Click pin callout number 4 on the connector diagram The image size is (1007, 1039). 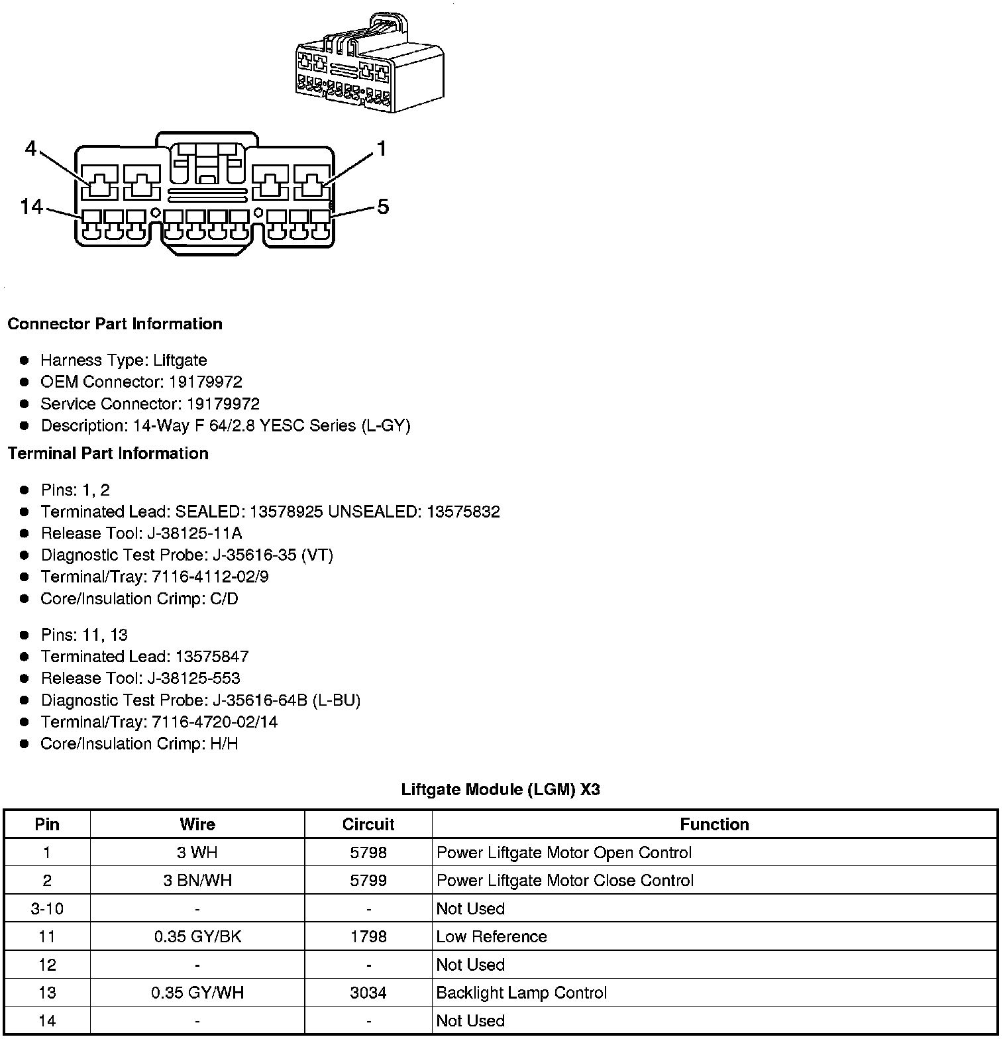coord(30,148)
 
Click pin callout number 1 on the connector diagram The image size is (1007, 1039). coord(381,148)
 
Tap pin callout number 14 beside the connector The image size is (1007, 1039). coord(31,207)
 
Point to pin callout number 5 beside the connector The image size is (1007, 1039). coord(383,207)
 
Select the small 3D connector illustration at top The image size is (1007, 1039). coord(369,63)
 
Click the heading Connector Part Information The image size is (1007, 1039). coord(115,324)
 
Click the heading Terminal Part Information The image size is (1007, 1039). coord(108,453)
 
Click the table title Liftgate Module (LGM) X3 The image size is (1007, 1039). coord(500,790)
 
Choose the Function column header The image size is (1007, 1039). coord(714,824)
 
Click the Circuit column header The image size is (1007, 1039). coord(368,824)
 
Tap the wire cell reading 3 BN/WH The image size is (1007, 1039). coord(197,881)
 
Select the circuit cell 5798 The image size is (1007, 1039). coord(368,853)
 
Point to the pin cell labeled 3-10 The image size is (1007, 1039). coord(47,908)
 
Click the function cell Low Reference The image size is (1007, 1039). coord(492,936)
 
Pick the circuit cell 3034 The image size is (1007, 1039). coord(368,993)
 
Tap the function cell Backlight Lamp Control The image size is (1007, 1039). coord(521,993)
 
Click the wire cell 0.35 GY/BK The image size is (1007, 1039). coord(197,936)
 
